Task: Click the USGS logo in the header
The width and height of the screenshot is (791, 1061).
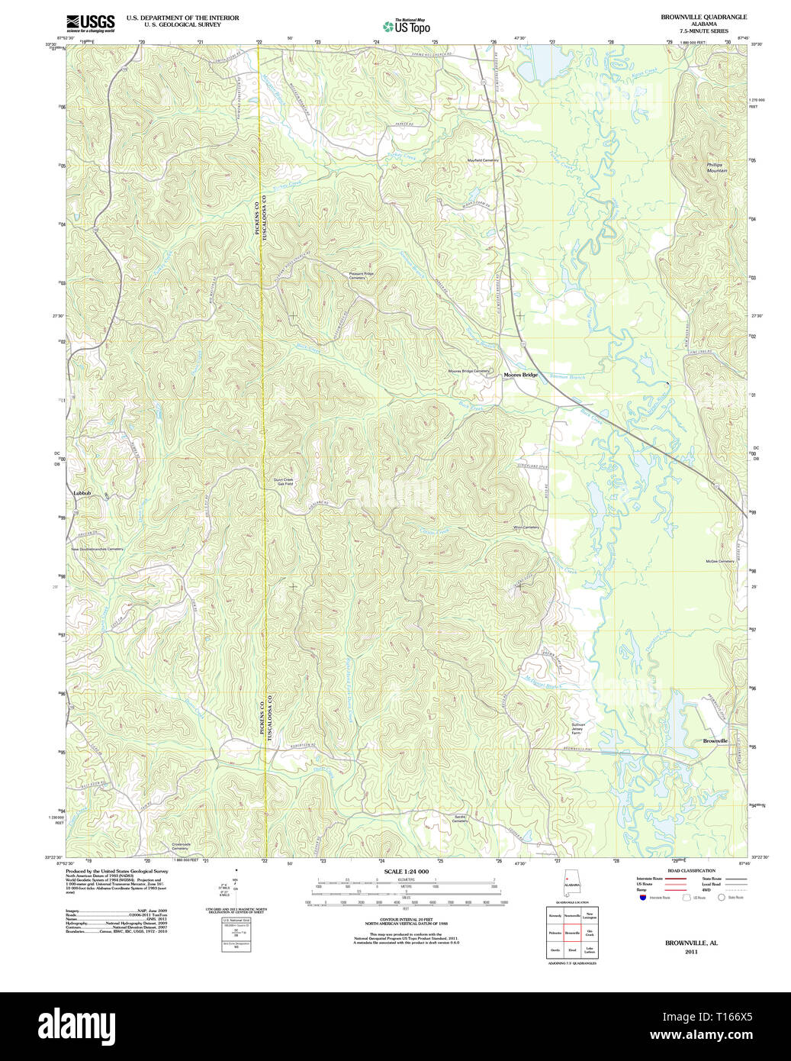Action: (x=90, y=21)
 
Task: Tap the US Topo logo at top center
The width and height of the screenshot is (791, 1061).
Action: (x=407, y=25)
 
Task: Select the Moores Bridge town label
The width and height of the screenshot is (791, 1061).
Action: (x=520, y=375)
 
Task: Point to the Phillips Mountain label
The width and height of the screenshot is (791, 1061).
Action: (x=716, y=167)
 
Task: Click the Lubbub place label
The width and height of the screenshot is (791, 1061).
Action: (x=82, y=493)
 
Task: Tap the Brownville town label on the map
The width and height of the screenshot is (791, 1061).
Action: (x=715, y=740)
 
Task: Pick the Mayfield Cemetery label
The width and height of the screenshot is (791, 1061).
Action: (x=483, y=160)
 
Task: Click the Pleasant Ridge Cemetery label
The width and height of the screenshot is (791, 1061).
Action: (x=362, y=276)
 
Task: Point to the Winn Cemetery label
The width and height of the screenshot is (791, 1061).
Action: (x=526, y=527)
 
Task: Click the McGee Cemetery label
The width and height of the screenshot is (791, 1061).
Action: (x=719, y=561)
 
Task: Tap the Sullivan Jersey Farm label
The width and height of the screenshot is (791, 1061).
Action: (x=581, y=728)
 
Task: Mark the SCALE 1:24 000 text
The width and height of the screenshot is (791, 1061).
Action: (x=406, y=871)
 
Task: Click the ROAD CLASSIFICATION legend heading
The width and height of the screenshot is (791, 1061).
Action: (x=691, y=871)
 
